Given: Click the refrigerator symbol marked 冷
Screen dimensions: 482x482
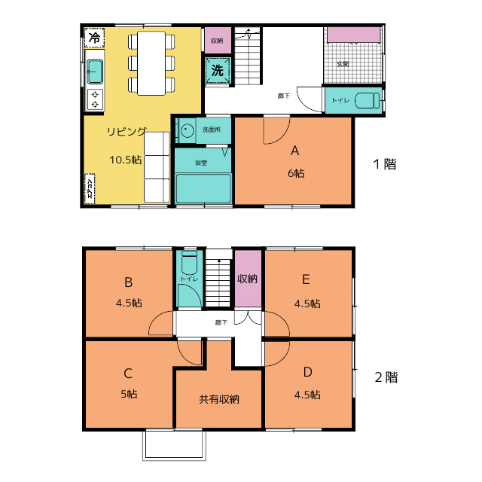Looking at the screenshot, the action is point(94,38).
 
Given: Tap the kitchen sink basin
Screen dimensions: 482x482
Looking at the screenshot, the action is point(95,72).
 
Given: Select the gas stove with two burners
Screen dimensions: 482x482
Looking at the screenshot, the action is point(95,99).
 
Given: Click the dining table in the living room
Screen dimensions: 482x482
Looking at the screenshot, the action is point(151,63).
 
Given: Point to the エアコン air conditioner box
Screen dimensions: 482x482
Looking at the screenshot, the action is point(90,188).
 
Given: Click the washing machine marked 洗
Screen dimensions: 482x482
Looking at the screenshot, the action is point(218,70).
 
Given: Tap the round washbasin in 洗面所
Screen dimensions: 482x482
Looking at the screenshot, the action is point(187,130).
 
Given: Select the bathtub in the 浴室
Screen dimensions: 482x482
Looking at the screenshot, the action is point(203,188).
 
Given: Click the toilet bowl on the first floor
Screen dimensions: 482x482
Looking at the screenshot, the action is point(368,100).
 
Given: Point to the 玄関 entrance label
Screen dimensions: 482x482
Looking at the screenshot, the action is point(343,64).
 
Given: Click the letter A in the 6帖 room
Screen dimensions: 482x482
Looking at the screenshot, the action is point(294,151).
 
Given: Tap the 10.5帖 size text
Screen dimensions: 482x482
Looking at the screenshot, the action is point(126,160).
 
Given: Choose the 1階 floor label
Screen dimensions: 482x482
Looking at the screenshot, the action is point(385,164).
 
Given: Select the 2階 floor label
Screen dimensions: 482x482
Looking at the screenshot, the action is point(386,377).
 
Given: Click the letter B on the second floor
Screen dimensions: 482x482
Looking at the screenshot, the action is point(129,282).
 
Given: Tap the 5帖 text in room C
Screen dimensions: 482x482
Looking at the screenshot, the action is point(129,394).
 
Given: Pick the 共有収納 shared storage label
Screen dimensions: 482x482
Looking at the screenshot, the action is point(219,399).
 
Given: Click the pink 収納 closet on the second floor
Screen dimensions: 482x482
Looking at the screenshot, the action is point(248,278).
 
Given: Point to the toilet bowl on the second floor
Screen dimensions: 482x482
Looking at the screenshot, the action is point(189,263).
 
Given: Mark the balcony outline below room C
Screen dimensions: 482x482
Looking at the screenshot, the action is point(174,459).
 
